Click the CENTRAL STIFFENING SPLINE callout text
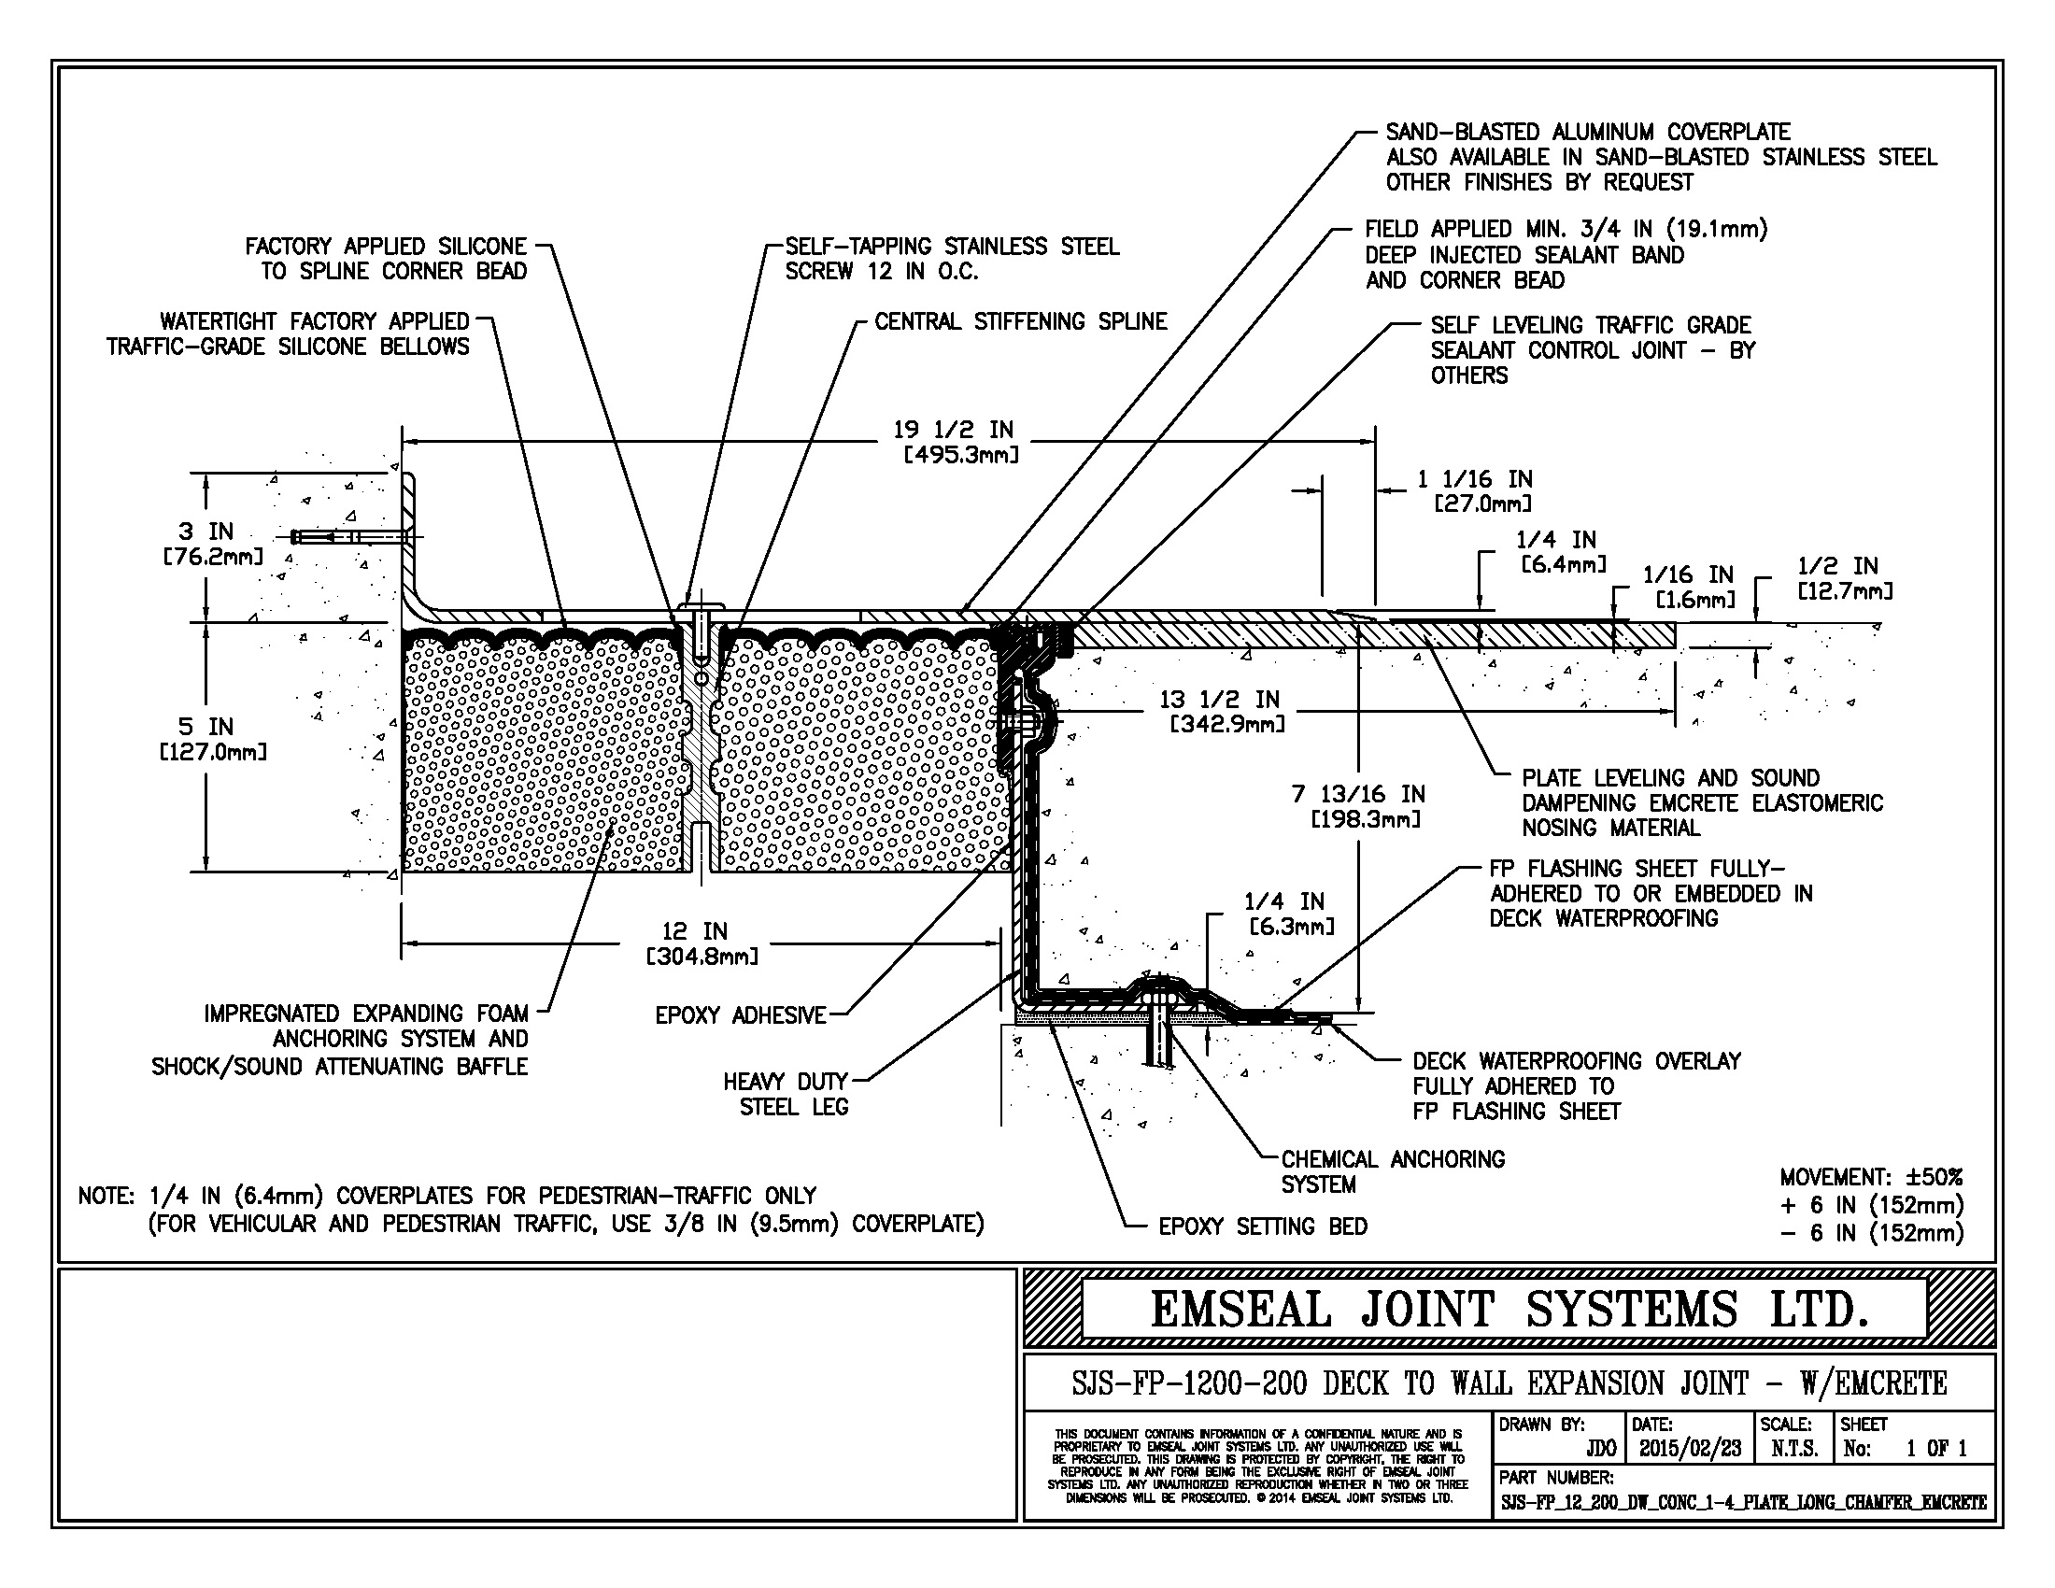coord(1020,321)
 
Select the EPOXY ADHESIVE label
coord(741,1015)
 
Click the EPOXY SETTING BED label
coord(1262,1226)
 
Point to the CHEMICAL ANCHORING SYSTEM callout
coord(1392,1171)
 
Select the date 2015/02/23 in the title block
coord(1690,1448)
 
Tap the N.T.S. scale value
coord(1793,1448)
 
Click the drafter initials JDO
coord(1600,1448)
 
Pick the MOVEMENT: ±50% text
coord(1871,1177)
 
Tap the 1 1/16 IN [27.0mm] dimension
coord(1474,491)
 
